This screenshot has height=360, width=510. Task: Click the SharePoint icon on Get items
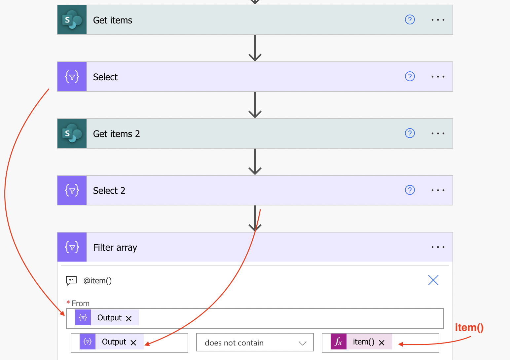coord(72,20)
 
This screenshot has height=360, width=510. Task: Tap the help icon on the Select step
coord(410,77)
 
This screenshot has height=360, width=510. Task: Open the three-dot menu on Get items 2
coord(438,133)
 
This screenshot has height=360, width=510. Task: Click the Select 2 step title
coord(109,191)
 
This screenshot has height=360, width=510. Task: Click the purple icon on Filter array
coord(72,247)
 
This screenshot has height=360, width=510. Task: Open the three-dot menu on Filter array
coord(438,247)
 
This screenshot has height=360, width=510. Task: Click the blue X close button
coord(433,280)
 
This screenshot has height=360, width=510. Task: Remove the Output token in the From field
coord(128,319)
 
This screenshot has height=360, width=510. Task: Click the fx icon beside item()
coord(339,342)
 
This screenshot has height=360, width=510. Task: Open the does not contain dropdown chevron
coord(302,343)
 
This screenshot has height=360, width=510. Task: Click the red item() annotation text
coord(469,327)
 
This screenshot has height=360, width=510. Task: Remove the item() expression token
coord(382,342)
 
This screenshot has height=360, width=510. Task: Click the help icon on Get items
coord(410,19)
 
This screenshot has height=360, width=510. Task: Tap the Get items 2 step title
coord(116,134)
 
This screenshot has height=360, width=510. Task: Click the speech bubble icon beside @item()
coord(71,280)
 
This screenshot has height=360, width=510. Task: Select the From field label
coord(80,303)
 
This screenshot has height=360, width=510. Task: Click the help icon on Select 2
coord(410,190)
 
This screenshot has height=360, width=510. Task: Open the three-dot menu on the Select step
coord(438,77)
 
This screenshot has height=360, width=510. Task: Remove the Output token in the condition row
coord(133,342)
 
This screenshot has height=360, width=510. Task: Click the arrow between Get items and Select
coord(255,48)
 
